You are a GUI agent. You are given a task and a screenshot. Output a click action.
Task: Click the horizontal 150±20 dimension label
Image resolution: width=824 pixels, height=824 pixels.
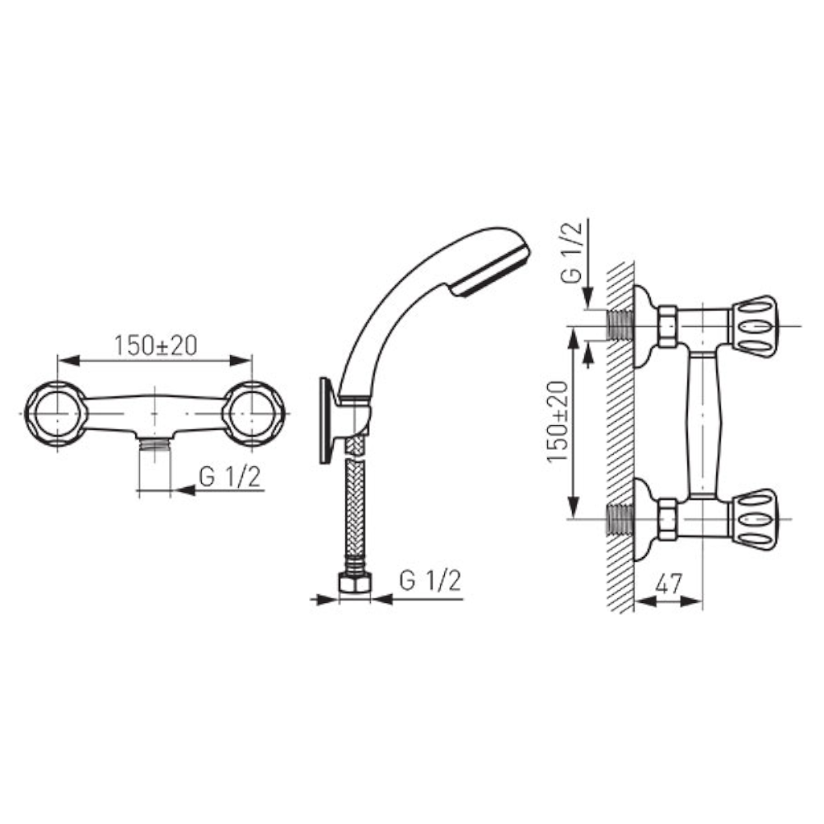pos(156,345)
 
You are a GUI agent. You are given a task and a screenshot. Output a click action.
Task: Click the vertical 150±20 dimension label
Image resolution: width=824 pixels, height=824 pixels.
pos(558,421)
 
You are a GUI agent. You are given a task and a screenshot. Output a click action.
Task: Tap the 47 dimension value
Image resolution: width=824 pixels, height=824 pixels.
pos(669,583)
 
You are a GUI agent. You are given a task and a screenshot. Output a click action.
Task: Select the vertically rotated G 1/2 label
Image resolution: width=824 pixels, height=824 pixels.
pos(572,253)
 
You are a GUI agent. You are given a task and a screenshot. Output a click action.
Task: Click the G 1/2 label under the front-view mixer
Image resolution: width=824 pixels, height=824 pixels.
pos(230,477)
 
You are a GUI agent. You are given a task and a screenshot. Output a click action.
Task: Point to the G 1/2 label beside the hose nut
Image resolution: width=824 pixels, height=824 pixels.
pos(430,581)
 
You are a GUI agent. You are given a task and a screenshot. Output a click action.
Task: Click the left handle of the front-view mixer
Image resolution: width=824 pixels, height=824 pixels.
pos(56,414)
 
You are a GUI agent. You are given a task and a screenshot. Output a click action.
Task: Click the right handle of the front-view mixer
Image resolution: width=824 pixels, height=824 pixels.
pos(253,414)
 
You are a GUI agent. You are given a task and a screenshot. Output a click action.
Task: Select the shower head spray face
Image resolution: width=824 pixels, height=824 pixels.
pos(491,275)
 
